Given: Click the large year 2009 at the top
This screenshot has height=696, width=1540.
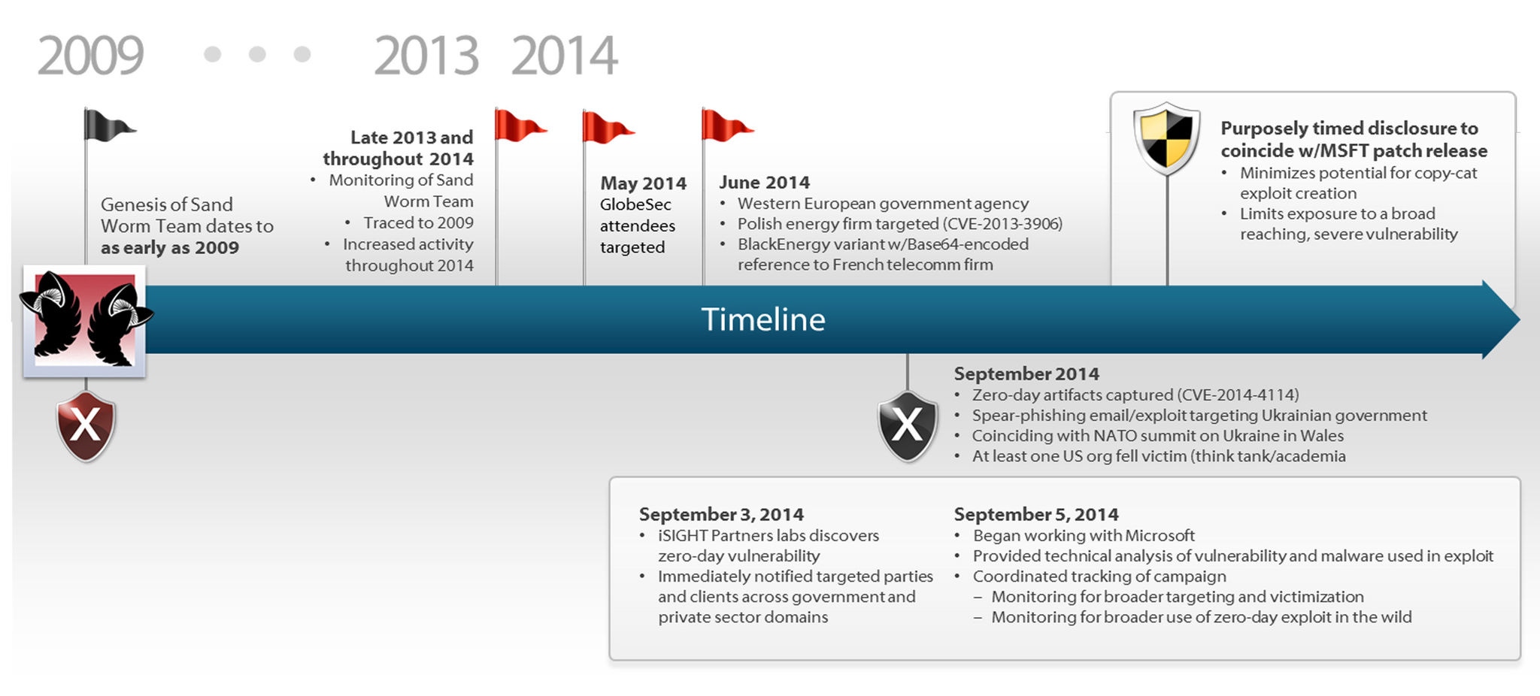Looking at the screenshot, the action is pos(90,56).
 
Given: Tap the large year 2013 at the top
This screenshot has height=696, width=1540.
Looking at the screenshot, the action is pos(426,56).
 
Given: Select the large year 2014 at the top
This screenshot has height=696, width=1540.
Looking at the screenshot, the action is pos(564,56).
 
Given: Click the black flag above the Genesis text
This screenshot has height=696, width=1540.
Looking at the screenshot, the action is pos(110,125).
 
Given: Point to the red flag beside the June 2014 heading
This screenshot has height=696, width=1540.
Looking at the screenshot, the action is pos(727,125).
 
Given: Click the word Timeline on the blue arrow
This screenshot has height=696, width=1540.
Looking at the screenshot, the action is pos(763,319).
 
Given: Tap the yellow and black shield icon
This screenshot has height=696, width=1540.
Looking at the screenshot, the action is pos(1166,138).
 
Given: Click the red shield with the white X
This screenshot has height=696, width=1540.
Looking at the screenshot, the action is pos(86,425).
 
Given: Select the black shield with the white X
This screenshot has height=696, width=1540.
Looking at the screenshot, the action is pos(908,425).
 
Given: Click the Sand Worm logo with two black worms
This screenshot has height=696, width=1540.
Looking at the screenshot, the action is pos(85,320).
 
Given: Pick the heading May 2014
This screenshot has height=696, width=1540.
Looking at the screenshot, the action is pos(643,183).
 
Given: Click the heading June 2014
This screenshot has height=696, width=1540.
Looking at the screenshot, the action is pos(764,183).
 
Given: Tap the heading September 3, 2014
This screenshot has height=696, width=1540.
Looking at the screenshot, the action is pos(721,514).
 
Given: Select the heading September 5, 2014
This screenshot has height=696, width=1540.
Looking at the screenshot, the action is pos(1036,514).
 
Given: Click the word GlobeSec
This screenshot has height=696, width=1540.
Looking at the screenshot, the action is pos(635,204).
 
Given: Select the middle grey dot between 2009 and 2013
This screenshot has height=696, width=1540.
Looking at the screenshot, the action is pos(257,54).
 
